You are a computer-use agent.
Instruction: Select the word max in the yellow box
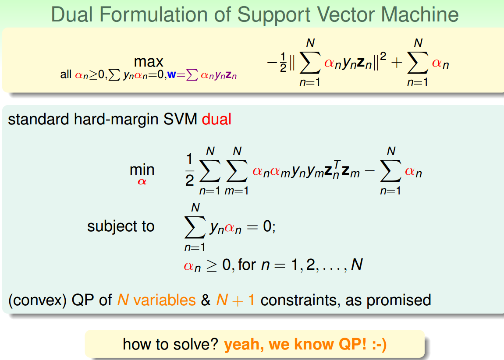pyautogui.click(x=149, y=62)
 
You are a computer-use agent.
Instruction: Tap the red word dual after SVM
pyautogui.click(x=216, y=120)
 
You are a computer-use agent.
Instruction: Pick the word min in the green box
pyautogui.click(x=142, y=169)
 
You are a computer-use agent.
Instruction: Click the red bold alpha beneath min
pyautogui.click(x=142, y=181)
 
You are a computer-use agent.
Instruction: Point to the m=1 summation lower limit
pyautogui.click(x=237, y=191)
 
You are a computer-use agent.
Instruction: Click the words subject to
pyautogui.click(x=121, y=226)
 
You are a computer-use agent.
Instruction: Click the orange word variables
pyautogui.click(x=164, y=300)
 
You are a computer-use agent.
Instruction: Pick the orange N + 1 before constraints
pyautogui.click(x=235, y=300)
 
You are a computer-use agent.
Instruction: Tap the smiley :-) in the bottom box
pyautogui.click(x=377, y=344)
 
